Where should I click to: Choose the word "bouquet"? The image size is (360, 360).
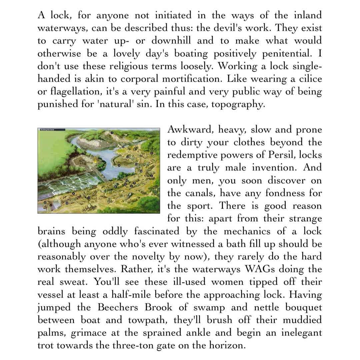point(303,307)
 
